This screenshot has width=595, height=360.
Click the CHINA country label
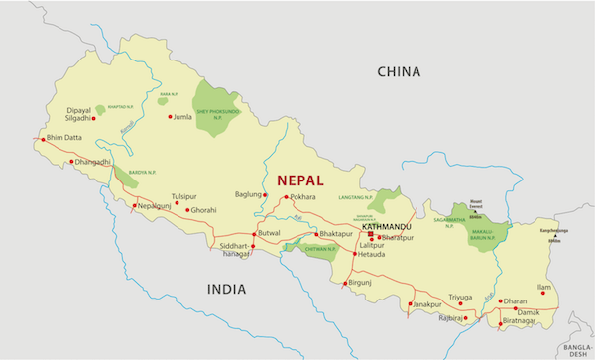coord(399,72)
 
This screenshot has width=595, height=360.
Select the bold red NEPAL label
coord(306,180)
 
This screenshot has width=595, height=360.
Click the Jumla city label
coord(182,117)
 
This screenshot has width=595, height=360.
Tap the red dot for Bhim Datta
coord(43,139)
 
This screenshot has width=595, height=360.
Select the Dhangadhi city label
coord(93,161)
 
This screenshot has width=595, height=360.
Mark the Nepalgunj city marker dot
coord(135,206)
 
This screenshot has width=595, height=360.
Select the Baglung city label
coord(247,194)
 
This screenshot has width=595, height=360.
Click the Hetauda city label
coord(372,255)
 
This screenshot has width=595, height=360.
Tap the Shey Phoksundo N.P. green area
coord(216,98)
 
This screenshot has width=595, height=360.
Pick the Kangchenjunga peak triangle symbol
coord(555,235)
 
